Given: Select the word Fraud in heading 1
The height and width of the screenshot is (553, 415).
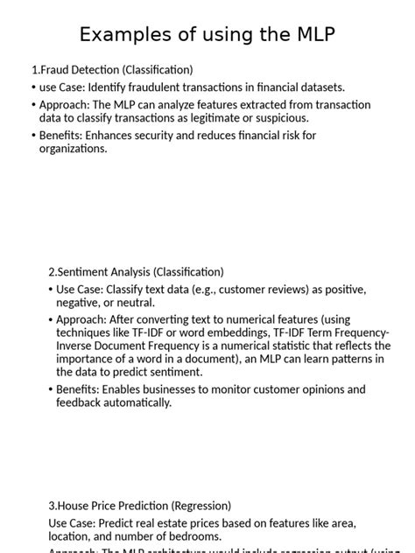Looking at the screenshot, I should [55, 70].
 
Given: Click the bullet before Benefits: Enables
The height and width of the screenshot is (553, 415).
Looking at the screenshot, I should [50, 389].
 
